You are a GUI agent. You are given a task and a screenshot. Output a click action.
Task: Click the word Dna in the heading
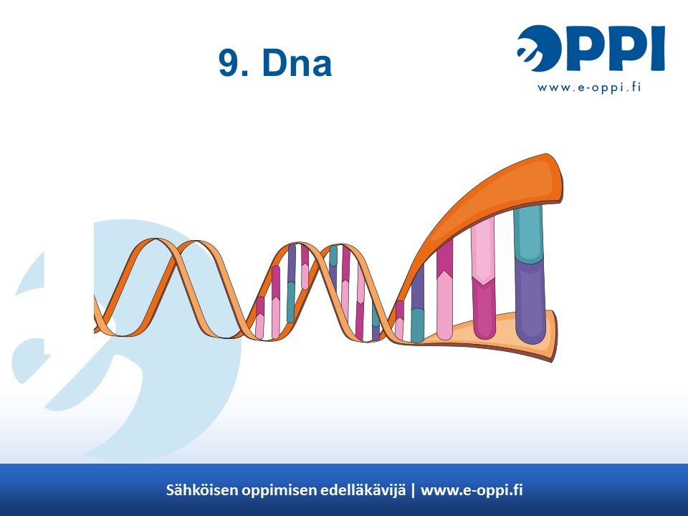297,63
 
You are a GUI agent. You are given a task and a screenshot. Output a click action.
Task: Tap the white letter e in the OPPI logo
525,50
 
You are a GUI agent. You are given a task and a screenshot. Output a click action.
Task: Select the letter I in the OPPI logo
657,48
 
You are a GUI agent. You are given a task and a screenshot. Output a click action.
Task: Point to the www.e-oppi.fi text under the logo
589,87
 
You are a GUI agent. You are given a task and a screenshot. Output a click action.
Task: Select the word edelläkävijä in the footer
363,490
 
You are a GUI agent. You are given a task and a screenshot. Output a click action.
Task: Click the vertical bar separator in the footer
413,490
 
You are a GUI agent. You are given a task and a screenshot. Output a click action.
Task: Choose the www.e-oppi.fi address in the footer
472,490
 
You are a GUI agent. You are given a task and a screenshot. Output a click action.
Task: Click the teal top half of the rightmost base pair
528,233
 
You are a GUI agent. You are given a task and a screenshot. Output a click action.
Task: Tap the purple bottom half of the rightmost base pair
530,301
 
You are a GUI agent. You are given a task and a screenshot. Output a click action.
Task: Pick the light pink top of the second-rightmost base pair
482,250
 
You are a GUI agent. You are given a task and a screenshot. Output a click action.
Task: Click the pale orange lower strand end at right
505,335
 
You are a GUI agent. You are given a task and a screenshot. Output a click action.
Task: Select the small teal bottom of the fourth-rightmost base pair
417,325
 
